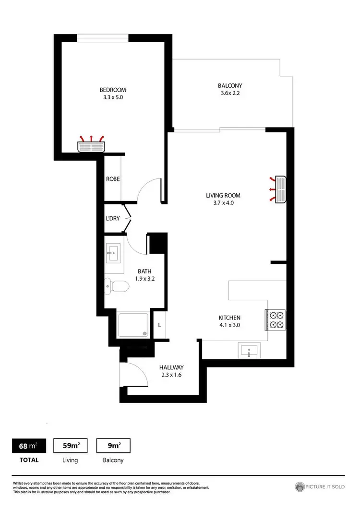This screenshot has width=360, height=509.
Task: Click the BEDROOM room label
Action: (x=113, y=90)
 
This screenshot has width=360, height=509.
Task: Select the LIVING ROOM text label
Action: (x=223, y=195)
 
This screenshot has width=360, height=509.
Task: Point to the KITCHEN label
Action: (x=229, y=318)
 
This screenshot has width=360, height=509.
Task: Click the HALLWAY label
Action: (x=172, y=367)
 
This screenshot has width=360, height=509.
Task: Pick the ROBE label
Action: (x=113, y=179)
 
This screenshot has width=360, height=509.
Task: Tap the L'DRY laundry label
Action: (x=113, y=219)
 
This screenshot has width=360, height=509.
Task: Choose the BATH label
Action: (x=144, y=271)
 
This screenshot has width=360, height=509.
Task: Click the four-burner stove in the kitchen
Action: (x=276, y=320)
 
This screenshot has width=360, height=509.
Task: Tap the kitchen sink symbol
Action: (x=249, y=351)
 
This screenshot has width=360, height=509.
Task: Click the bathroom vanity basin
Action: (x=114, y=252)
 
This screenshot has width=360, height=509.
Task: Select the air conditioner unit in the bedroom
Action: (x=92, y=145)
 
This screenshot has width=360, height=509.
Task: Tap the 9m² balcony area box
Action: (x=113, y=446)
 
